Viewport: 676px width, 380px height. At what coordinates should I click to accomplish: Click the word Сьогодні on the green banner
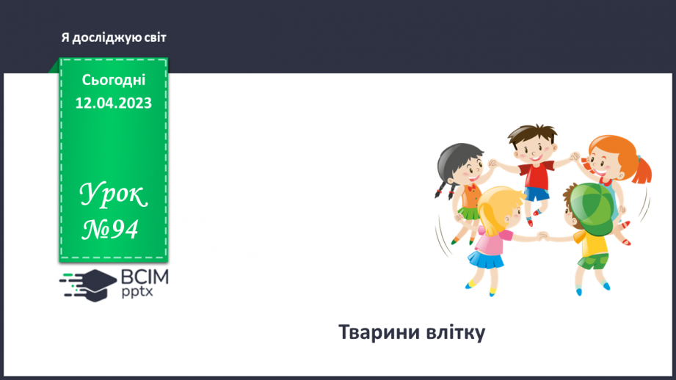tap(113, 80)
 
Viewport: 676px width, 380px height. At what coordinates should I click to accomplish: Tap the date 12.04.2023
tap(113, 103)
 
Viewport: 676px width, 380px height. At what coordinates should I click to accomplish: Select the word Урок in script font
tap(113, 194)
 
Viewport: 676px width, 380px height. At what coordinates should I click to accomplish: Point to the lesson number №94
tap(110, 229)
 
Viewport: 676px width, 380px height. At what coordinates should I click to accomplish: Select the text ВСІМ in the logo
tap(145, 277)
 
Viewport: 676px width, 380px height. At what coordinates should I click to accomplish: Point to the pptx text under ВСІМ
tap(137, 292)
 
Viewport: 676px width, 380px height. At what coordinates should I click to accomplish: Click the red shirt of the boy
tap(537, 175)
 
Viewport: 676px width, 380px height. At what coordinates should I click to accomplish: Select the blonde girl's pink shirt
tap(491, 241)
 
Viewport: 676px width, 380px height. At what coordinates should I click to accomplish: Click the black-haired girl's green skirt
tap(468, 213)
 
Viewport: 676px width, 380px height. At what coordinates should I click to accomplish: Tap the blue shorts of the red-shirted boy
tap(537, 194)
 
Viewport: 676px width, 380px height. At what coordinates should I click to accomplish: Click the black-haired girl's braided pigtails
tap(444, 189)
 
